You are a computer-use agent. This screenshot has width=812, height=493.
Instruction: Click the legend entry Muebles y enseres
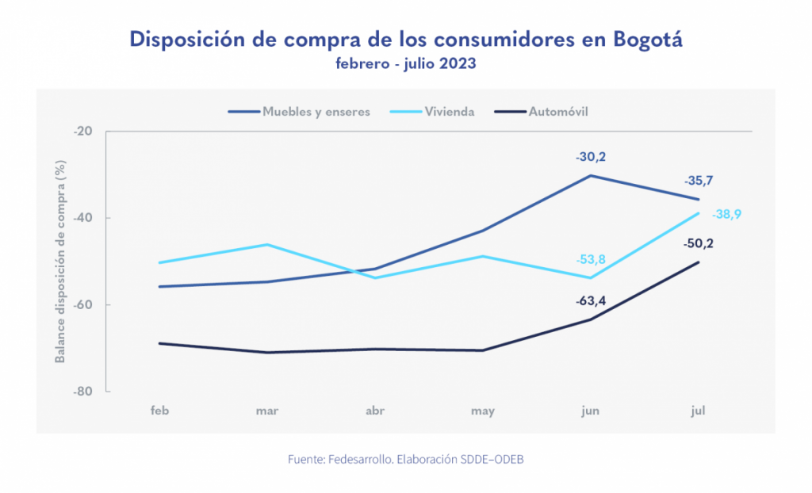tap(316, 112)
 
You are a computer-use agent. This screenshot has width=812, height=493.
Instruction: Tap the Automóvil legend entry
tap(558, 112)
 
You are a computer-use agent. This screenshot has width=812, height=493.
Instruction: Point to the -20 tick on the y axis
tap(82, 132)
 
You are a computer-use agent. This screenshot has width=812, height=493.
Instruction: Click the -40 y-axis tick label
tap(82, 218)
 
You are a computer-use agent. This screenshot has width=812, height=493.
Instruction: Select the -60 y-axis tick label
tap(82, 305)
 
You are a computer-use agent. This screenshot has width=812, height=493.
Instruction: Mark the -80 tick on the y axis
tap(82, 392)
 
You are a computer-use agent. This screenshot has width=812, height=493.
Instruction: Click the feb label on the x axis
tap(160, 411)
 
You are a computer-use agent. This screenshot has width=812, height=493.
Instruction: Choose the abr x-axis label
tap(375, 411)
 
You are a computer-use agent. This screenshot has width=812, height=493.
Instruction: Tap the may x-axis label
tap(483, 411)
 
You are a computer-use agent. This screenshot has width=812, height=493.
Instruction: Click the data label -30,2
tap(591, 157)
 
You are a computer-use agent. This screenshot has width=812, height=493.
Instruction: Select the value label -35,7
tap(698, 181)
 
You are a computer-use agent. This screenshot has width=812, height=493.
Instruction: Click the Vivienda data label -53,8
tap(591, 260)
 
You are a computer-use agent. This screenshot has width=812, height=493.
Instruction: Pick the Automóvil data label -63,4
tap(591, 301)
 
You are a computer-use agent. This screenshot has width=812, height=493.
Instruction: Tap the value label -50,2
tap(698, 243)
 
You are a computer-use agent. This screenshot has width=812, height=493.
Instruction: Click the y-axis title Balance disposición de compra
tap(60, 261)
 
